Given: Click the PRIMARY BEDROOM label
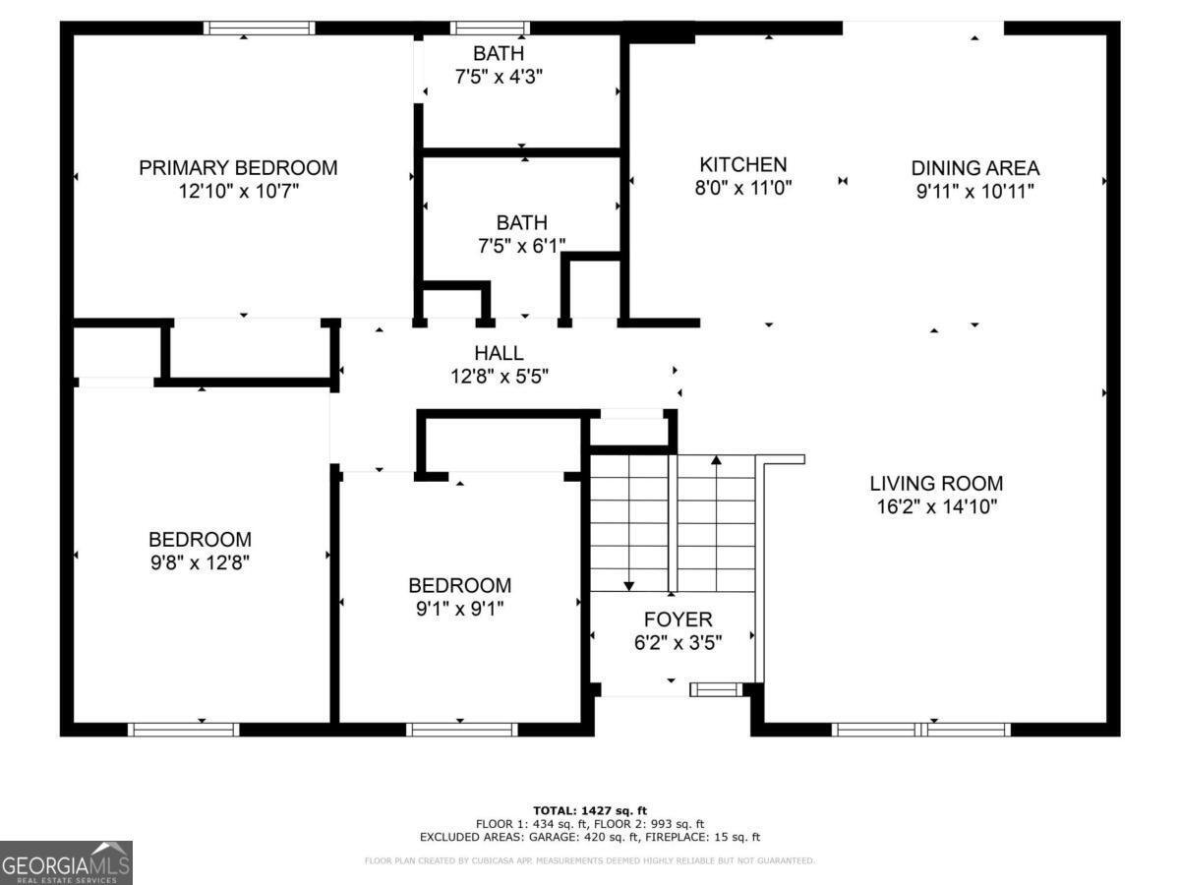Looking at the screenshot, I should [x=238, y=168].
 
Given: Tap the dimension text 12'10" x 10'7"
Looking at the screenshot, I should [x=238, y=192].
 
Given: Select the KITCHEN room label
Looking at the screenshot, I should [x=743, y=165].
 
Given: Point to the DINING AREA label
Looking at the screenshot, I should [x=974, y=168].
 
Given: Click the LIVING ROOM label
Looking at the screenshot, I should [x=936, y=483].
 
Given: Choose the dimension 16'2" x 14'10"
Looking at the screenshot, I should [x=936, y=507].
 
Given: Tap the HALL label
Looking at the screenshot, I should [x=499, y=353].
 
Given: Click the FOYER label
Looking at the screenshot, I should [x=678, y=619].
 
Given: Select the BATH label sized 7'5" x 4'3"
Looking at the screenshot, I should [x=498, y=53].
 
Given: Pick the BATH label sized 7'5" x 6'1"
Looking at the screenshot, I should [x=521, y=223].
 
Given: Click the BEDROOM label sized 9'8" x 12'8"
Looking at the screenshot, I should [x=200, y=539].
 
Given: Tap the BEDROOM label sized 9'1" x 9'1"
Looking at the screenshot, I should [x=459, y=585].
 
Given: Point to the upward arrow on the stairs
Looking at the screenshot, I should [x=716, y=460].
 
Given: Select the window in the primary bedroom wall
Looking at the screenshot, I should [x=259, y=29].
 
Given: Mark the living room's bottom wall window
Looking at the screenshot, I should [x=920, y=729].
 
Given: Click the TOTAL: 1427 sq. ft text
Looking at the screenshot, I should [x=590, y=809].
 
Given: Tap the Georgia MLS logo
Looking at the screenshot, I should [x=66, y=862].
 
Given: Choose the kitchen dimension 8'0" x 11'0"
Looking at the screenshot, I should [x=743, y=190].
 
